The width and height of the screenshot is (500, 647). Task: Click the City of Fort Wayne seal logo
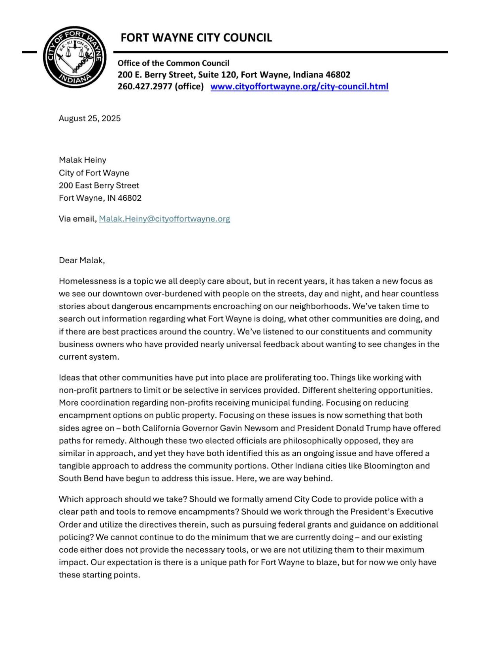pyautogui.click(x=74, y=57)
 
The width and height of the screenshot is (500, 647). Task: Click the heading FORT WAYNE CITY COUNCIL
pyautogui.click(x=196, y=38)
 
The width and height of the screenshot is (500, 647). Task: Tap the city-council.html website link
pyautogui.click(x=299, y=87)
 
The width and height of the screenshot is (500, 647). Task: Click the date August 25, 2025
pyautogui.click(x=90, y=119)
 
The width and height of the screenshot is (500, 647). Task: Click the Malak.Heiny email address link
pyautogui.click(x=164, y=219)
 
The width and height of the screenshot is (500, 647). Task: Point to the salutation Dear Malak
pyautogui.click(x=81, y=260)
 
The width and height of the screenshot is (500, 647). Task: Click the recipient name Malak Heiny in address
pyautogui.click(x=82, y=160)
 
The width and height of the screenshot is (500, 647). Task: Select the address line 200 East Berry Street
pyautogui.click(x=99, y=185)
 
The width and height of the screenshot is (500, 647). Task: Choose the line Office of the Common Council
pyautogui.click(x=173, y=63)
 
